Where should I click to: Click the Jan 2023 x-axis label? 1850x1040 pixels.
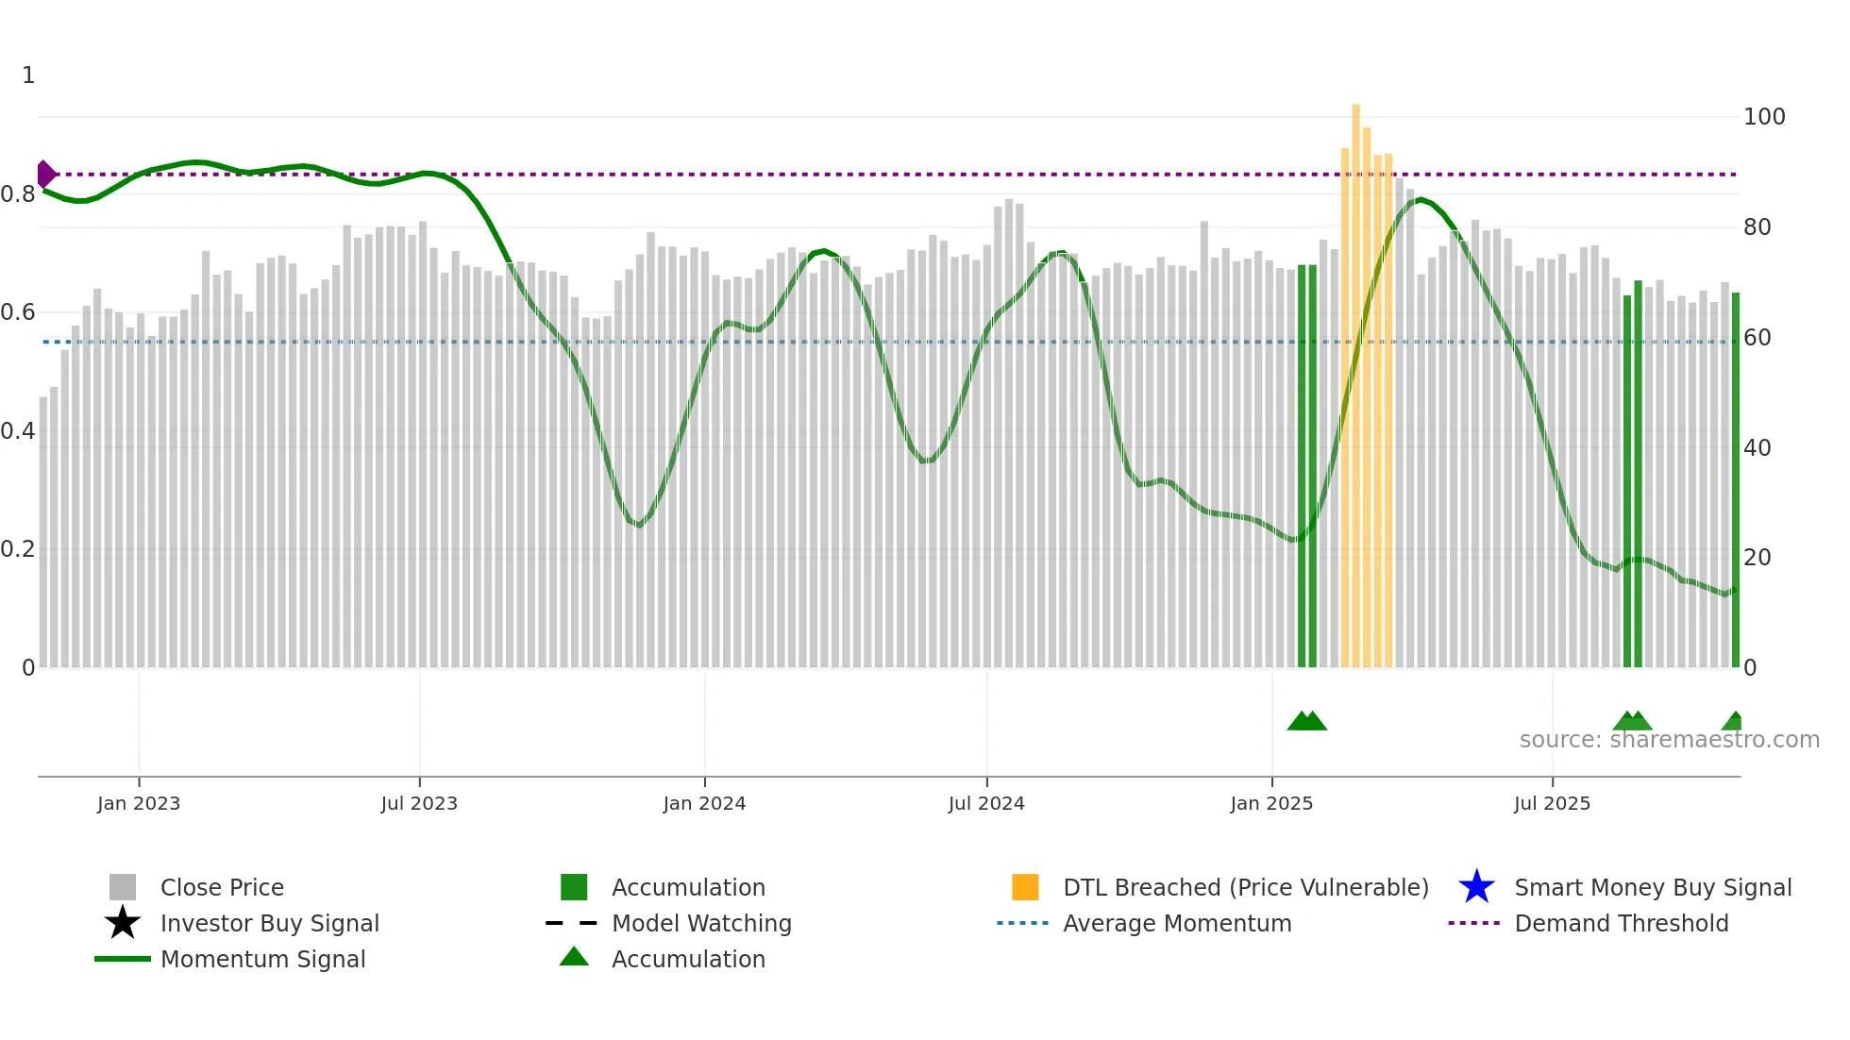(138, 803)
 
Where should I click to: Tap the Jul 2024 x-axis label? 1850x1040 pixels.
(985, 803)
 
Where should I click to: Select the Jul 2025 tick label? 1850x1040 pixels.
(1552, 803)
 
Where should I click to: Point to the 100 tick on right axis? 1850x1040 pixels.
(1763, 117)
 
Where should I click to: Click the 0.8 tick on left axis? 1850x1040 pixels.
(17, 194)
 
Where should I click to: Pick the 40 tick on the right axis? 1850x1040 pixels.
(1757, 447)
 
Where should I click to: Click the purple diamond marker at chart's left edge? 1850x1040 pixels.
(45, 175)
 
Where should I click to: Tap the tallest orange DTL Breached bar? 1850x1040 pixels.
(1355, 377)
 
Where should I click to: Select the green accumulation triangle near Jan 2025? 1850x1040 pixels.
(1306, 721)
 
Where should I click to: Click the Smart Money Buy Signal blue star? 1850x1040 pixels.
(1476, 887)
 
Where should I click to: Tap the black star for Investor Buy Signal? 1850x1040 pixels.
(123, 923)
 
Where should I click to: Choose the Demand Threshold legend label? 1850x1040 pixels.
(1621, 923)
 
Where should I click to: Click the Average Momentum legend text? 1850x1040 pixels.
(1176, 923)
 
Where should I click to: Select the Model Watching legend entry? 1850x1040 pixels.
(700, 923)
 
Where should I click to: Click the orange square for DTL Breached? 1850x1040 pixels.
(1025, 887)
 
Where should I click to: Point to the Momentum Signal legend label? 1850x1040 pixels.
(262, 959)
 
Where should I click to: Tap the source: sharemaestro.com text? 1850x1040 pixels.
(1669, 740)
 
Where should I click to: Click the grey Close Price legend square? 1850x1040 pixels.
(123, 887)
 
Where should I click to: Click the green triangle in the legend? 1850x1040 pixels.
(574, 958)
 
